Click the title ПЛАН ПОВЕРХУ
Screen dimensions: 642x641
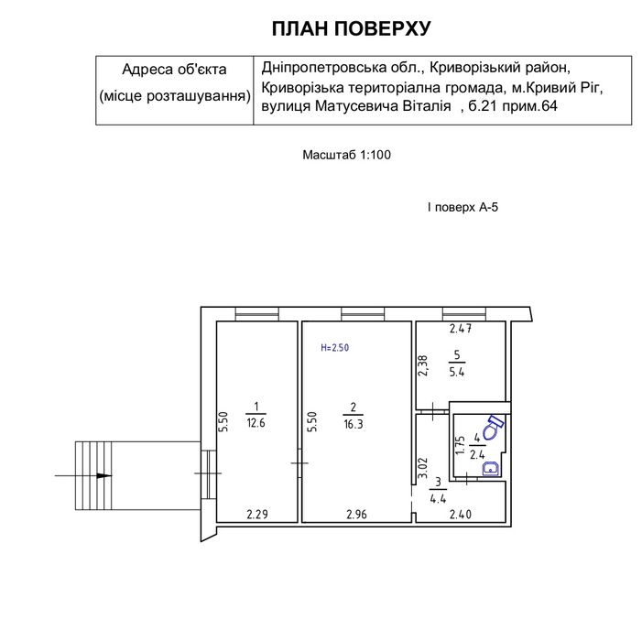pyautogui.click(x=352, y=28)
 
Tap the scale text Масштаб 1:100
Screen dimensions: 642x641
pyautogui.click(x=346, y=155)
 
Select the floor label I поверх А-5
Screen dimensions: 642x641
pyautogui.click(x=462, y=207)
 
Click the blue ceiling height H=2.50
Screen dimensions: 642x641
pyautogui.click(x=334, y=348)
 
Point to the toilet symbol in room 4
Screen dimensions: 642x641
pyautogui.click(x=493, y=428)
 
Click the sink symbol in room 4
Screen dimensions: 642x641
pyautogui.click(x=491, y=468)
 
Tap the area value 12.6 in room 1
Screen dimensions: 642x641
pyautogui.click(x=256, y=423)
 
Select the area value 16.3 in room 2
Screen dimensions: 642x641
pyautogui.click(x=353, y=424)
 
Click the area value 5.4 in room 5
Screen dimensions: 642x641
pyautogui.click(x=456, y=372)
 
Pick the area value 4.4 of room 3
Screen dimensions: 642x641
pyautogui.click(x=438, y=498)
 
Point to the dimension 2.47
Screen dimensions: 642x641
pyautogui.click(x=461, y=328)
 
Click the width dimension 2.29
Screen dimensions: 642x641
pyautogui.click(x=257, y=514)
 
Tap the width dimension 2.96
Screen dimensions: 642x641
pyautogui.click(x=356, y=514)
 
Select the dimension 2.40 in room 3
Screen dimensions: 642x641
pyautogui.click(x=461, y=514)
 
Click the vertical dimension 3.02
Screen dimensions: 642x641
pyautogui.click(x=422, y=468)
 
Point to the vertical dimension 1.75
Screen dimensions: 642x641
pyautogui.click(x=461, y=444)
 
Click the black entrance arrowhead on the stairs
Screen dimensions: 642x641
pyautogui.click(x=104, y=475)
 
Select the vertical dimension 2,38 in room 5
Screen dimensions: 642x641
pyautogui.click(x=422, y=365)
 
